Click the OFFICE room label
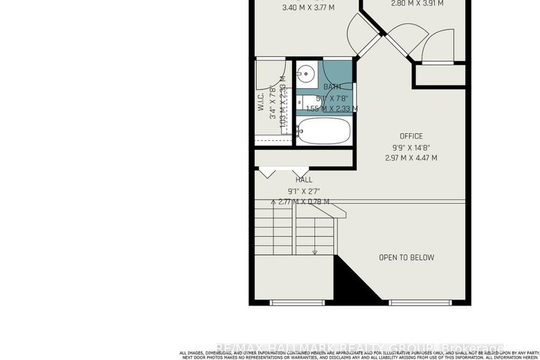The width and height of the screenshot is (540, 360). click(x=411, y=136)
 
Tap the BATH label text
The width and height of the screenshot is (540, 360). click(x=322, y=87)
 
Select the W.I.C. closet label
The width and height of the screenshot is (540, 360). click(x=260, y=104)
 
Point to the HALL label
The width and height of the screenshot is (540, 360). click(x=304, y=180)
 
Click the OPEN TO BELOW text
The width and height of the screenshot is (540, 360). click(x=406, y=258)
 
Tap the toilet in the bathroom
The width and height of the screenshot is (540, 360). click(x=310, y=103)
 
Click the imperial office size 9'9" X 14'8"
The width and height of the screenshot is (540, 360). click(x=411, y=147)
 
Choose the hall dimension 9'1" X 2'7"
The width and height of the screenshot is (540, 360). click(x=304, y=191)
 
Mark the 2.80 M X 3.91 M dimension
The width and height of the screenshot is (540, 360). click(x=417, y=4)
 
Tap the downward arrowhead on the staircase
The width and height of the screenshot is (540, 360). click(x=315, y=252)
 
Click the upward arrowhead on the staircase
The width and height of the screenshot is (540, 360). click(x=273, y=202)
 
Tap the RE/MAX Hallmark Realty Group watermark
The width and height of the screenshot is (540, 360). click(x=359, y=347)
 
